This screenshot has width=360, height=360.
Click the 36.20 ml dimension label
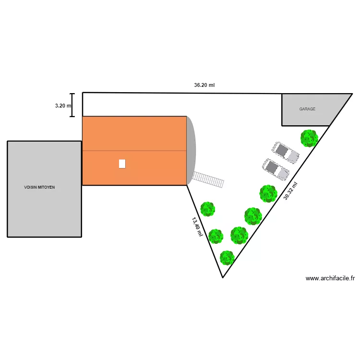point(204,85)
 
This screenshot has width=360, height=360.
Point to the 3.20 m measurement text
point(63,106)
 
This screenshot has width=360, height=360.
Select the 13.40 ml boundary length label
point(197,227)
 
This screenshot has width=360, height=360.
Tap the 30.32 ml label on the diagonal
point(290,191)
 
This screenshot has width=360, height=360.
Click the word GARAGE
point(307,109)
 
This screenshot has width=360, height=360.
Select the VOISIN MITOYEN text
point(39,187)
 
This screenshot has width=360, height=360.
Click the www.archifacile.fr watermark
point(330,278)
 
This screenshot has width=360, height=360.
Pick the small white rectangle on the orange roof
point(122,164)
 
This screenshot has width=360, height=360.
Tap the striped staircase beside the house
point(208,180)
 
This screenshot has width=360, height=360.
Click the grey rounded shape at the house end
point(191,150)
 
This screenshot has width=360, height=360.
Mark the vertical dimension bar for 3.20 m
point(72,105)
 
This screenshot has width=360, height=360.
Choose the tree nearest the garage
point(309,138)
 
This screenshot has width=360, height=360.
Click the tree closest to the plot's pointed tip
point(227,258)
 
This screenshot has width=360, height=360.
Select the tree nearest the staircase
point(207,209)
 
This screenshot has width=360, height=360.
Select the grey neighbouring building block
point(44,202)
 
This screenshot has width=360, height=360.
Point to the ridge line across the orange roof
point(134,151)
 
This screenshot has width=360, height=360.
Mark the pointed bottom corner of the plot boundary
point(223,277)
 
